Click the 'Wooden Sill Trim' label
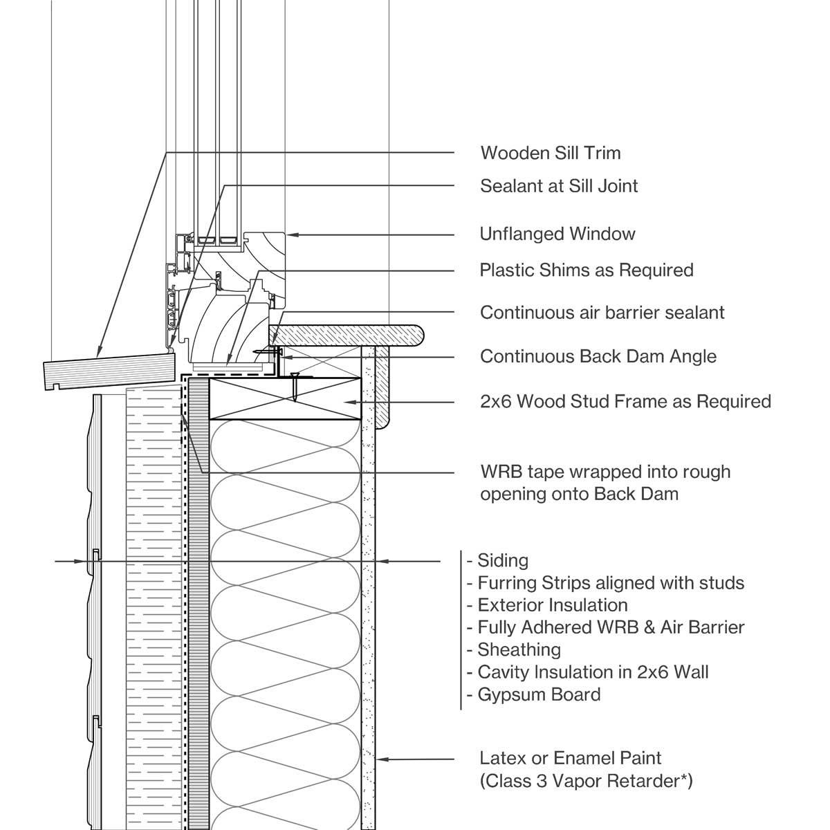[550, 153]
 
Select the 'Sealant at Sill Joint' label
[559, 186]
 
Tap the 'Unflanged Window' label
[557, 234]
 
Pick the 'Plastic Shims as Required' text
[587, 270]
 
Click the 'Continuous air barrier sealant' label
[602, 313]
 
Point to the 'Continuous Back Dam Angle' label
[598, 357]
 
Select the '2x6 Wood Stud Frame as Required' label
[625, 401]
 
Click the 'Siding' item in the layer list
[503, 561]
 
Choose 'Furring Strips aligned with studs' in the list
[611, 583]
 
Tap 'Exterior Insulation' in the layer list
[553, 605]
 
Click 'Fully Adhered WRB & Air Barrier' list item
[611, 627]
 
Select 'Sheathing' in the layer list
[519, 649]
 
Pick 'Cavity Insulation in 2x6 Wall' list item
[593, 672]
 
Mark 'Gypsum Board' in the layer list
[539, 694]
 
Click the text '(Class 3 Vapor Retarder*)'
[587, 781]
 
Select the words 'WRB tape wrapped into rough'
[605, 472]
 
